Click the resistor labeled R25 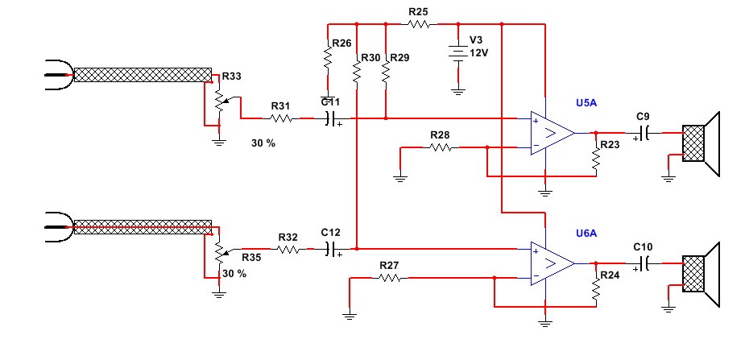click(418, 24)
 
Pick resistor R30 click(355, 71)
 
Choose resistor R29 click(386, 71)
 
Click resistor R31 click(281, 118)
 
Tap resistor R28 click(440, 147)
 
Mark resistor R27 click(390, 278)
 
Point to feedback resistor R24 click(597, 292)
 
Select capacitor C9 click(645, 132)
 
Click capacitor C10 click(645, 263)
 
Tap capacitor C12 click(331, 250)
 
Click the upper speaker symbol click(700, 143)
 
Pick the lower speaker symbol click(700, 275)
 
